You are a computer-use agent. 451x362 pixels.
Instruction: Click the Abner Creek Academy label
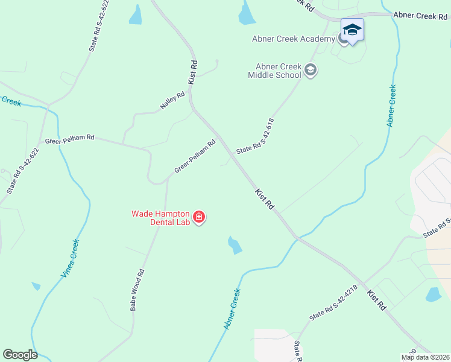(293, 39)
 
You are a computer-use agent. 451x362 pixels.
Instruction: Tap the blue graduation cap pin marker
(352, 30)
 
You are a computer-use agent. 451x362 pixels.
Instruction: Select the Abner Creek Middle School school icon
(311, 71)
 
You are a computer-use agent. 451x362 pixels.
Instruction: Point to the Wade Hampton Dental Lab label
(161, 218)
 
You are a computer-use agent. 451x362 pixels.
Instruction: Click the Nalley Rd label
(172, 100)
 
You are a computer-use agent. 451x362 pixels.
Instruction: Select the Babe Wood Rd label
(137, 290)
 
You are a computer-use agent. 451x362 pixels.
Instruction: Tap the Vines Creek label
(71, 258)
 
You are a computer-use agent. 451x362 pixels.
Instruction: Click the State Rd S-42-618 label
(255, 136)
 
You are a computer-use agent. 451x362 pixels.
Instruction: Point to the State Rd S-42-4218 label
(333, 303)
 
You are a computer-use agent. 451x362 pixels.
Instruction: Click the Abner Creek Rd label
(421, 15)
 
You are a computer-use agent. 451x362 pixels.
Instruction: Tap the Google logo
(20, 355)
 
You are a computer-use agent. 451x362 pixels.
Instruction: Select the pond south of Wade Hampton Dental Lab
(235, 244)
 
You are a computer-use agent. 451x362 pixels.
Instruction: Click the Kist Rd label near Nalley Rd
(194, 72)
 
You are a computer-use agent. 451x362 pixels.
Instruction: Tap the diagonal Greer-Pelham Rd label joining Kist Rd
(195, 157)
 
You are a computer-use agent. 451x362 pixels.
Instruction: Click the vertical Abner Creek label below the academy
(392, 106)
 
